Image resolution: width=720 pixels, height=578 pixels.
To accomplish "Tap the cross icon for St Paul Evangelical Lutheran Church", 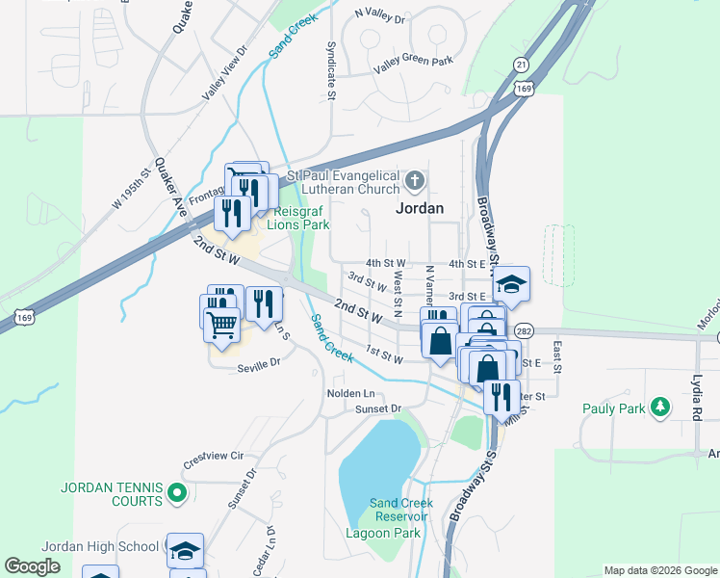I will point(415,180).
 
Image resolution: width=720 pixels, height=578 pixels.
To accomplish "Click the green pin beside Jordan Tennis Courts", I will point(176,494).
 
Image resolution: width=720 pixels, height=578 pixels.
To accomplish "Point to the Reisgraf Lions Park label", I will point(301,218).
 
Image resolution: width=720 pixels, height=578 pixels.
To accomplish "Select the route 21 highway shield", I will point(521,65).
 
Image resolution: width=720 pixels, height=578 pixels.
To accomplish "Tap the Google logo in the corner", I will point(32,566).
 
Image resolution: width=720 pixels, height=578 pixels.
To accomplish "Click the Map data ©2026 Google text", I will point(659,570).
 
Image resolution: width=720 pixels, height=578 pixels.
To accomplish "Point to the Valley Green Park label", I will point(413,62).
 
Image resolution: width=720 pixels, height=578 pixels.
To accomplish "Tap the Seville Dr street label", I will point(259,363).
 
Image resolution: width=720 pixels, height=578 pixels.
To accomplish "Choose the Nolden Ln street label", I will point(351,393).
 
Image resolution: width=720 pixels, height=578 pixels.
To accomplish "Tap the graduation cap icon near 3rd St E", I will point(511,283).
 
